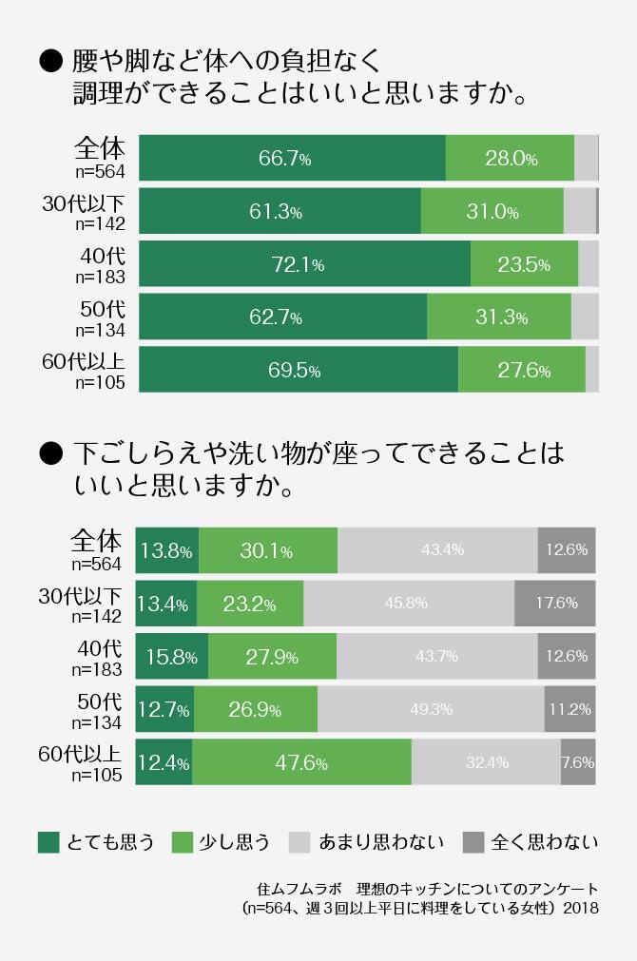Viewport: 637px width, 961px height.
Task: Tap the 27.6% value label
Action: click(x=524, y=371)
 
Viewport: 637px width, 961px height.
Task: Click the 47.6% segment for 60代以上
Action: click(x=301, y=762)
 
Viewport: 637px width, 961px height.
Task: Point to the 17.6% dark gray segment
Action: click(x=555, y=603)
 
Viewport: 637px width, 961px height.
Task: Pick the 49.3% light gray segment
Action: click(x=431, y=709)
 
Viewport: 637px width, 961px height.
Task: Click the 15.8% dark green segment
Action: click(x=172, y=656)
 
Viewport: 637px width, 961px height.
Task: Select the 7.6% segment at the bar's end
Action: click(x=578, y=762)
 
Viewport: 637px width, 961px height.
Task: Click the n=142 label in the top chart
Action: click(x=99, y=224)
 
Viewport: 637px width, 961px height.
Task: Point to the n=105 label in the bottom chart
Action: click(x=97, y=775)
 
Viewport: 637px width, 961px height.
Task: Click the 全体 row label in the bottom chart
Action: click(x=96, y=542)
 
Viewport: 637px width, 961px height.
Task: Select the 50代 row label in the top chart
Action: click(x=102, y=308)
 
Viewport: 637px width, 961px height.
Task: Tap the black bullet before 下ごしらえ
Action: click(x=49, y=453)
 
